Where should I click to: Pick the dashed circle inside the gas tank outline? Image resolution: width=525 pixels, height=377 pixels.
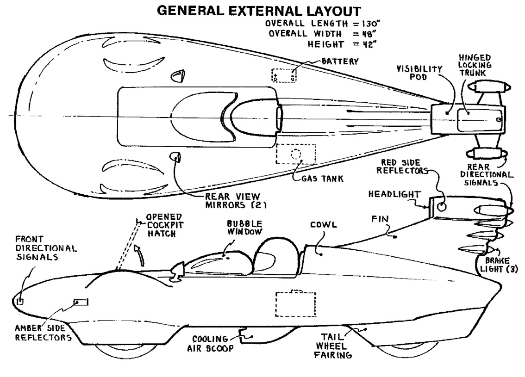295,154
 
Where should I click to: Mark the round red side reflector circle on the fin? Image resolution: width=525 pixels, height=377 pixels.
442,207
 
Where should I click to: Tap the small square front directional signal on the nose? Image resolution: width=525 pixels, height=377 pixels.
20,301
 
